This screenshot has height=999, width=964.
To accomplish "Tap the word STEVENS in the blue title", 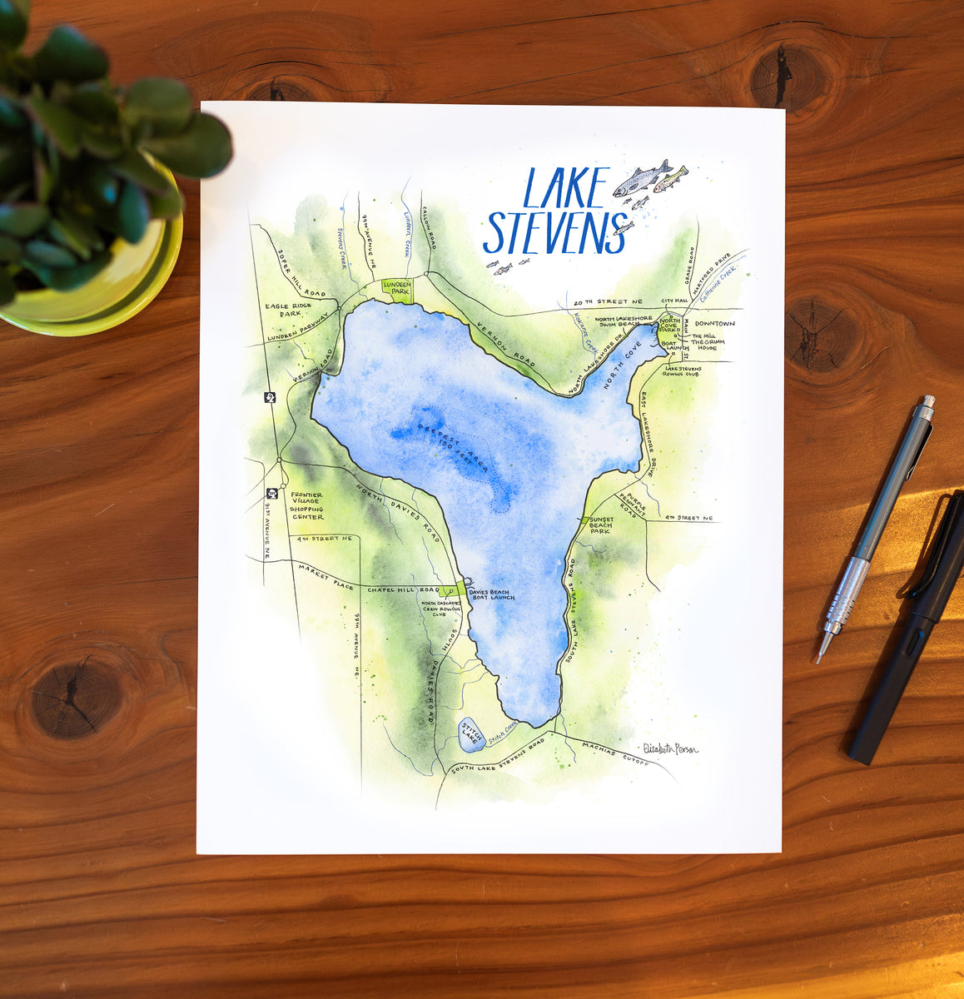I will pos(554,232).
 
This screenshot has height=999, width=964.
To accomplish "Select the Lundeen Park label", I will pos(396,287).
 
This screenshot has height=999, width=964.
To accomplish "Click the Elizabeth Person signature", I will pos(671,748).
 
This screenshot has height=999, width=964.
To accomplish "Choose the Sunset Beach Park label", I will pos(601,524).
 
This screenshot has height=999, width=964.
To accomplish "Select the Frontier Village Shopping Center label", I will pos(307,504).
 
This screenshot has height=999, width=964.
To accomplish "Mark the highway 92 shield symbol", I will pos(271,397).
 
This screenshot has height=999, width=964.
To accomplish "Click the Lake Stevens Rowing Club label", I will pos(683,371).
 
